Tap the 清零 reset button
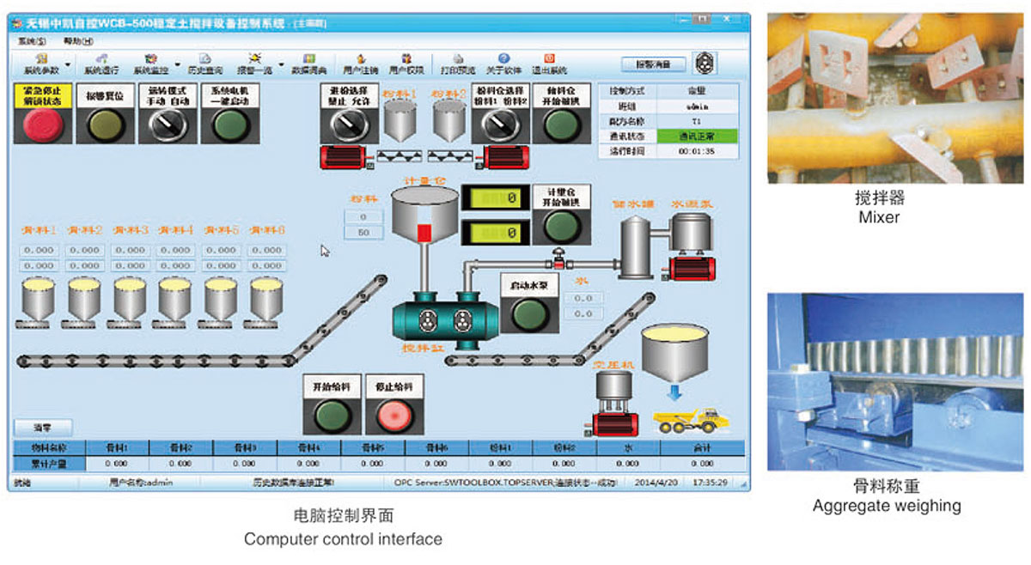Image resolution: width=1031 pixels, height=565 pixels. click(43, 428)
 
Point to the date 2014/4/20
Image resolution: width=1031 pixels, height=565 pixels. click(656, 483)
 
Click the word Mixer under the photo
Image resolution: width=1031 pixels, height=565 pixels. click(879, 217)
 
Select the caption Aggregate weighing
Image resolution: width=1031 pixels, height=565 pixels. click(887, 506)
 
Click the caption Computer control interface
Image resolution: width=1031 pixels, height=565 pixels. click(343, 539)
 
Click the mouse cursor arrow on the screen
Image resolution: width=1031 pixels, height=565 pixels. click(325, 251)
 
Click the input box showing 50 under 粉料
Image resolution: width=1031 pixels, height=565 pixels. click(363, 233)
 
